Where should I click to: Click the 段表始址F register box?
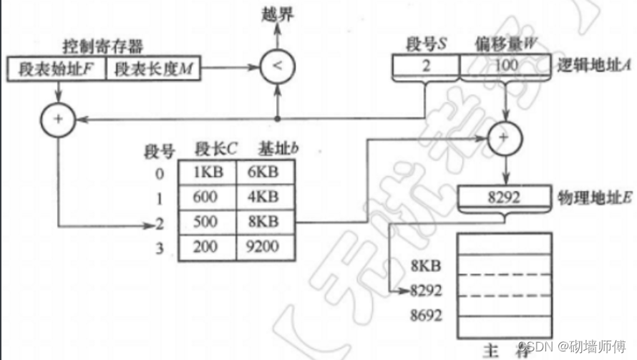coord(56,69)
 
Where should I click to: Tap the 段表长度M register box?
coord(152,69)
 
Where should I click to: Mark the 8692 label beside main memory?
coord(427,315)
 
